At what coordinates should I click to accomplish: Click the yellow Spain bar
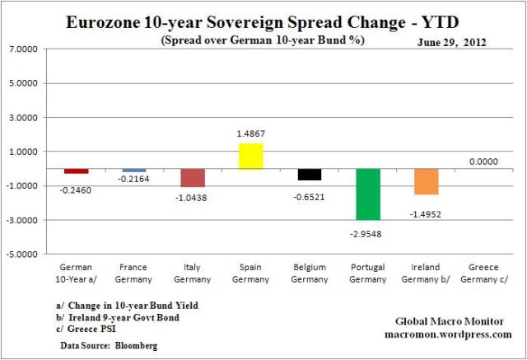pyautogui.click(x=250, y=156)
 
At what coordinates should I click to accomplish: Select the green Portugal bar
pyautogui.click(x=368, y=194)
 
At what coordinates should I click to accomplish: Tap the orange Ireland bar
pyautogui.click(x=427, y=181)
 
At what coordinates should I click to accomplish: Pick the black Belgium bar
pyautogui.click(x=310, y=174)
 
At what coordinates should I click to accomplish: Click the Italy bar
pyautogui.click(x=192, y=178)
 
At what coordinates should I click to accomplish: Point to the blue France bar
pyautogui.click(x=133, y=171)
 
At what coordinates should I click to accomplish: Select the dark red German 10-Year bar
pyautogui.click(x=76, y=171)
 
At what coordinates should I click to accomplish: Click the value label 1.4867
pyautogui.click(x=251, y=133)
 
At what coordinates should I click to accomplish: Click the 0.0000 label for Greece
pyautogui.click(x=484, y=161)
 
